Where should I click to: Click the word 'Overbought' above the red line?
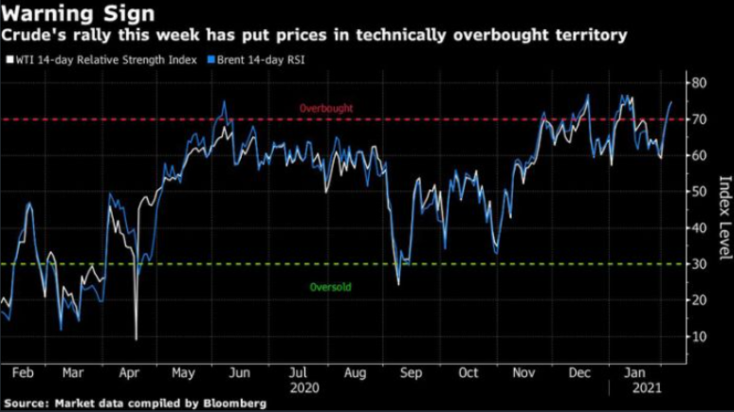pos(325,109)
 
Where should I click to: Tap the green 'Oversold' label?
pos(331,287)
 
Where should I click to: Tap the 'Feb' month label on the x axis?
pos(26,372)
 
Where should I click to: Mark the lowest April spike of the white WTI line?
pos(137,338)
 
